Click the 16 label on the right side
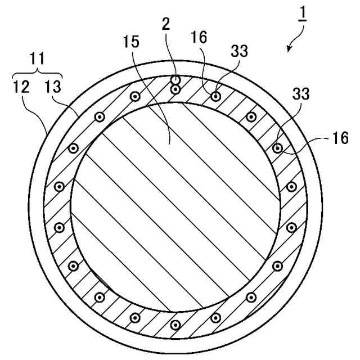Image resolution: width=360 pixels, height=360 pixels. [340, 138]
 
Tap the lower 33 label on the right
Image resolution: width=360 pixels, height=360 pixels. [300, 94]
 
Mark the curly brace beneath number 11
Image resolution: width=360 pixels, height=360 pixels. [37, 71]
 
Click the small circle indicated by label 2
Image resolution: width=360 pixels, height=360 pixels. [176, 80]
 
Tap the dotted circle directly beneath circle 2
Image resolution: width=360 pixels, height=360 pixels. [176, 89]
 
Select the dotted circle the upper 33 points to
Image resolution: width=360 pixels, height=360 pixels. [215, 96]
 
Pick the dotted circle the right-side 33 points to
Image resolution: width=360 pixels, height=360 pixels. [277, 148]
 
